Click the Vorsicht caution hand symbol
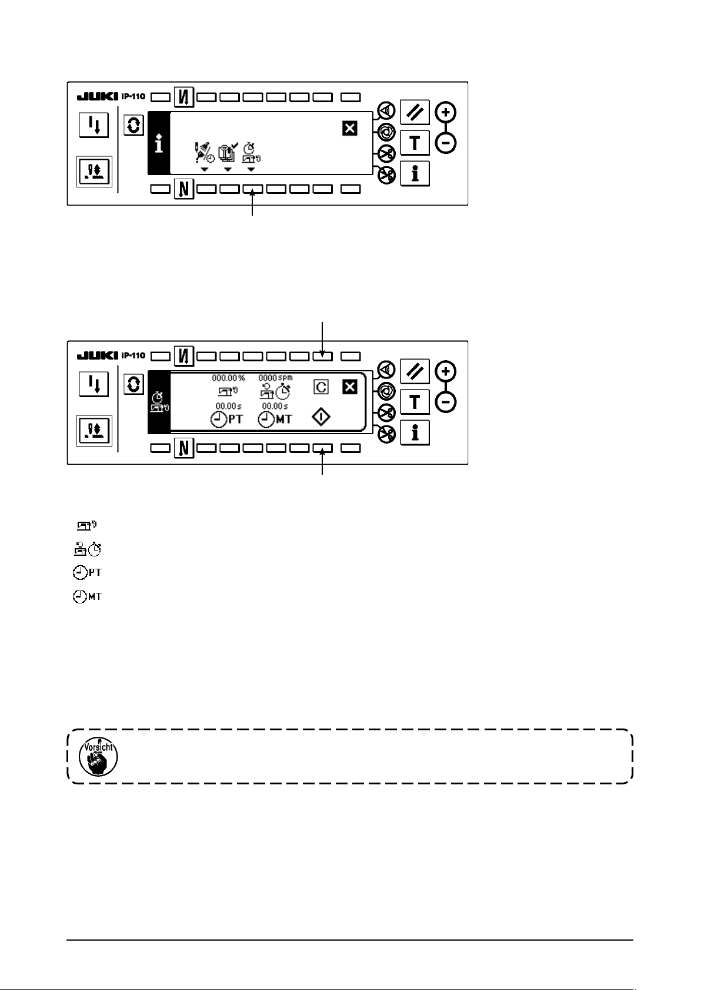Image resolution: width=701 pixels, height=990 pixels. point(99,756)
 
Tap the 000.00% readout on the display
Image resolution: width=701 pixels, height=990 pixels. point(229,378)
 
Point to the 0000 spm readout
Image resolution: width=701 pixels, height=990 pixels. point(275,378)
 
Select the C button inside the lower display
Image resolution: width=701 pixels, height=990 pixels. point(322,388)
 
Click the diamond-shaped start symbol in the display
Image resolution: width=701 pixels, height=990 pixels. point(322,418)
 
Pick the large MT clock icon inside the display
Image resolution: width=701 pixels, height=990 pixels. point(275,420)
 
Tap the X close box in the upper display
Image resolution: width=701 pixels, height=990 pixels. point(350,128)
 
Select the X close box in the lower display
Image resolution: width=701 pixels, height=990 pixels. point(350,388)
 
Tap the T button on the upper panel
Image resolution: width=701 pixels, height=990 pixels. point(415,143)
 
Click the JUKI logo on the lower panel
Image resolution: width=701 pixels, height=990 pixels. point(98,356)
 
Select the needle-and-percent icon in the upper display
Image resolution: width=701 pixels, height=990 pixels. point(204,155)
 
